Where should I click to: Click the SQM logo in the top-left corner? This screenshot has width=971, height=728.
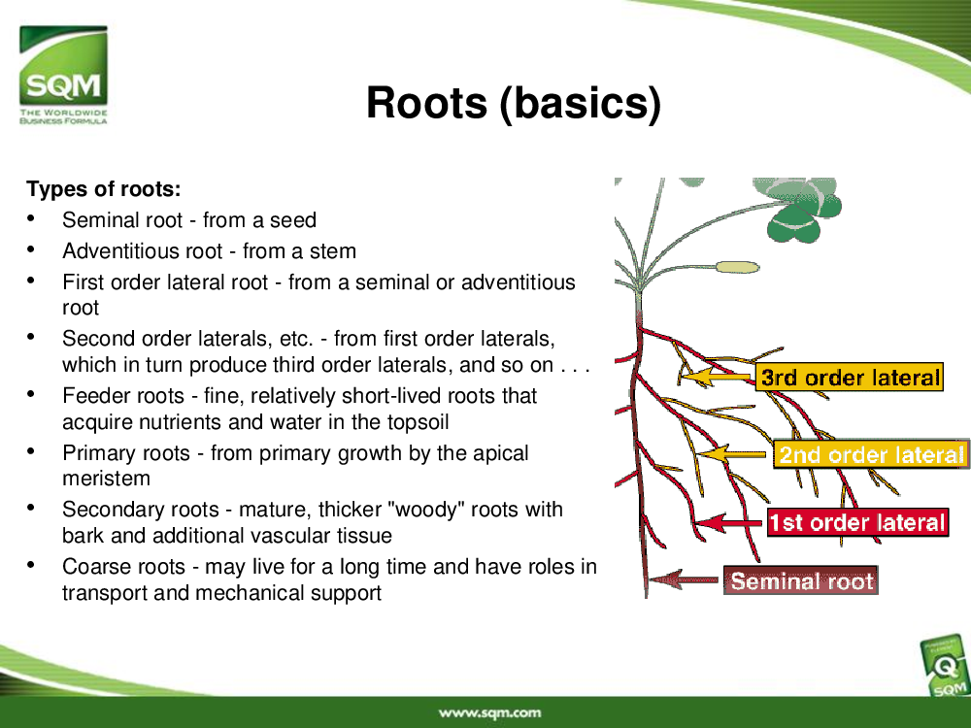[x=63, y=75]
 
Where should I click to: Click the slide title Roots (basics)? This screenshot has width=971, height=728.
[x=514, y=102]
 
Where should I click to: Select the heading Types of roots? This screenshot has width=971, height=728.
[x=104, y=189]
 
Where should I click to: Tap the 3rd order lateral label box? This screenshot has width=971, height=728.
[x=850, y=377]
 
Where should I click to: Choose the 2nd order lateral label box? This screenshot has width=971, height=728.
[x=871, y=454]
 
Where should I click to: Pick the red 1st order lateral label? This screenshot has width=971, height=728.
[x=857, y=522]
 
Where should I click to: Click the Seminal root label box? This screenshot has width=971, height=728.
[x=801, y=580]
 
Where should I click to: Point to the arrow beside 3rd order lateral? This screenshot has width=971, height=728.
[x=718, y=377]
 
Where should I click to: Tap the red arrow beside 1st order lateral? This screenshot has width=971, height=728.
[x=730, y=522]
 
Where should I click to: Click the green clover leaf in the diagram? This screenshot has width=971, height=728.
[x=799, y=210]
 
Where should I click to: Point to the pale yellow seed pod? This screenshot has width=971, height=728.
[x=738, y=268]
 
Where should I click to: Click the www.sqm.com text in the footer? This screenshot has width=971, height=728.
[x=489, y=713]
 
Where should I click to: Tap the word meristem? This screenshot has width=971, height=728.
[x=107, y=479]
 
